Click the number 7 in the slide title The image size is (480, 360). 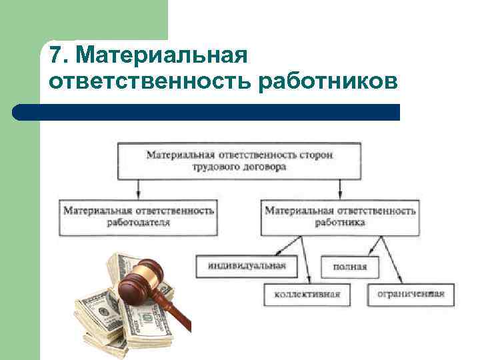[55, 55]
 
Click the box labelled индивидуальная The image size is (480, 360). [247, 266]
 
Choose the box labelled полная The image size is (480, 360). [349, 267]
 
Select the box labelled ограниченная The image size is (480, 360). [411, 293]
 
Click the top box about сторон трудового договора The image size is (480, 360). [240, 160]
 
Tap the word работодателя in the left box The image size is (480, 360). [139, 223]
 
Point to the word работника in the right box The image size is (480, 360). [340, 223]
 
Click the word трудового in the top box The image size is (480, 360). [217, 167]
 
